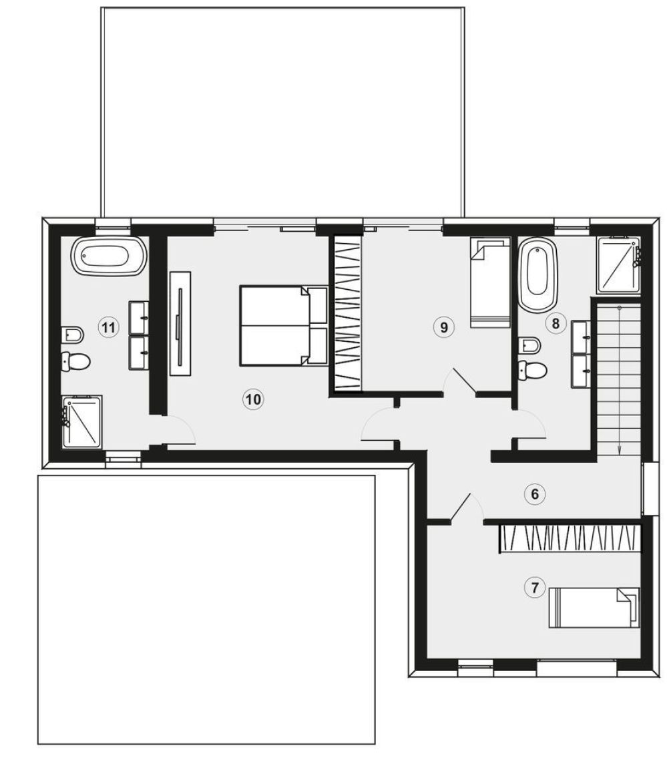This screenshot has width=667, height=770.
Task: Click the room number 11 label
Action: point(109,327)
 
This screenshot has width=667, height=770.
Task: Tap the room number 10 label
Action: point(253,399)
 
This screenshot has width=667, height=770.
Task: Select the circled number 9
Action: point(444,327)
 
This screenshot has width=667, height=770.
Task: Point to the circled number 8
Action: point(555,323)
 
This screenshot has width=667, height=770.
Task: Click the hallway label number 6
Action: point(535,494)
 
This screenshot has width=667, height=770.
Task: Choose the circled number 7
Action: point(535,587)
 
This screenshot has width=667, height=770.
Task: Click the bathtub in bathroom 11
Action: point(108,256)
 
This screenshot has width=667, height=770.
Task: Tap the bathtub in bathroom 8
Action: point(539,274)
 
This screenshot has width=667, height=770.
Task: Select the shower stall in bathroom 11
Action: point(82,422)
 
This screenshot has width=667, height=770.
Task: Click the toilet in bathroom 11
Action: point(76,362)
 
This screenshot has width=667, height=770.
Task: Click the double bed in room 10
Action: point(284,326)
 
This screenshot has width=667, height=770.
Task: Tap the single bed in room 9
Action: point(490,283)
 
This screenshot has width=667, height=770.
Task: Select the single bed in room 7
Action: point(594,608)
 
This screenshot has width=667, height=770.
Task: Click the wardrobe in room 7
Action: point(570,539)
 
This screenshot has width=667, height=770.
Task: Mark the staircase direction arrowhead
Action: point(620,451)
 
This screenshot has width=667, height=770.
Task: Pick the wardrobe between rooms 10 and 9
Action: point(346,313)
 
